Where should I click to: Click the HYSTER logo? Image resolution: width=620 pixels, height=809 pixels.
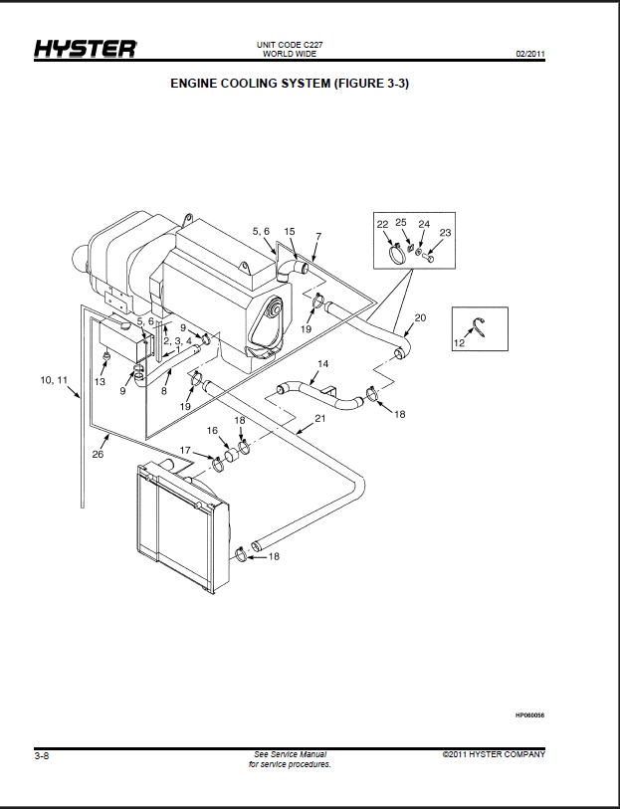click(x=86, y=49)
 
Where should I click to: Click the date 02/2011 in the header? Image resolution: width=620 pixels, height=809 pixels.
click(x=530, y=54)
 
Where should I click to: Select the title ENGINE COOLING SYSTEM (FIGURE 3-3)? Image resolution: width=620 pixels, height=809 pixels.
click(x=290, y=84)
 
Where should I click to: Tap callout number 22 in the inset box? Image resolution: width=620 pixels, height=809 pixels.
click(x=382, y=224)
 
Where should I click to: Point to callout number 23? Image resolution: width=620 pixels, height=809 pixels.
click(x=445, y=233)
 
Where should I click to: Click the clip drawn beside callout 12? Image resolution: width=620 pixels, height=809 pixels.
click(x=480, y=326)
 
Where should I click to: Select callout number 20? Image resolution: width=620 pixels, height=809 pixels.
click(x=420, y=317)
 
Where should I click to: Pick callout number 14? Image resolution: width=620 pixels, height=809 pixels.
click(x=322, y=364)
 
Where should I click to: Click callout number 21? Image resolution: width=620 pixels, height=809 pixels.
click(x=320, y=418)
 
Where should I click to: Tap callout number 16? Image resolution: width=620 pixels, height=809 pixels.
click(x=213, y=430)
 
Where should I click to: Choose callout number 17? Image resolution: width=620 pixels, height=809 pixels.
click(x=186, y=451)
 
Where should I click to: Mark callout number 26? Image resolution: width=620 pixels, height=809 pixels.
click(x=98, y=454)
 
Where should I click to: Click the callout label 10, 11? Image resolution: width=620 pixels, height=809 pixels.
click(x=54, y=380)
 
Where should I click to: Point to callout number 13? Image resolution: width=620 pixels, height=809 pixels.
click(x=100, y=382)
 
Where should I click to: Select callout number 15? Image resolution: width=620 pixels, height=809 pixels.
click(x=290, y=232)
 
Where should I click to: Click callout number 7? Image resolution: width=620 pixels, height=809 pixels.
click(x=318, y=236)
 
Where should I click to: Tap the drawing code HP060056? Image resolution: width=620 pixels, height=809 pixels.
click(x=529, y=715)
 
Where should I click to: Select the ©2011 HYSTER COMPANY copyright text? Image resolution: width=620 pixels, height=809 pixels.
click(x=494, y=754)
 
